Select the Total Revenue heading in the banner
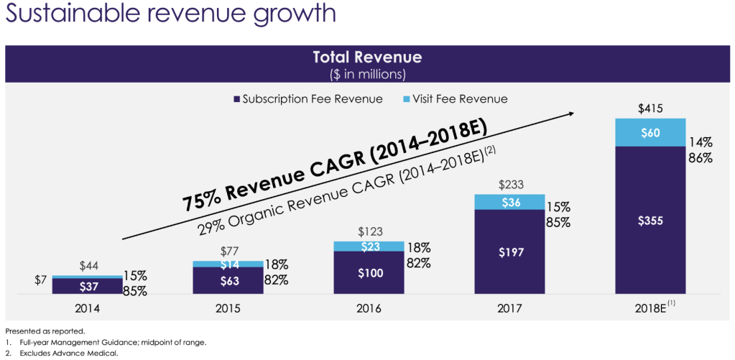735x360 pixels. tap(367, 57)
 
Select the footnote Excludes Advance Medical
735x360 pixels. tap(65, 353)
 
